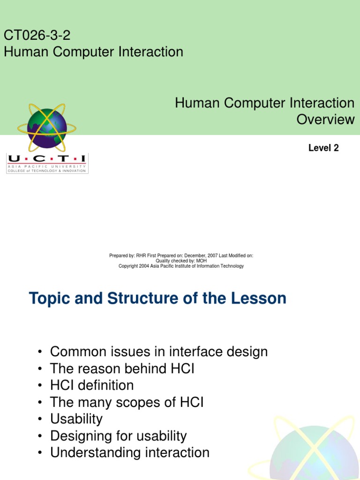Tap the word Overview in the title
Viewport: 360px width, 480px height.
point(325,119)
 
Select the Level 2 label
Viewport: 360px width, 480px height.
point(323,148)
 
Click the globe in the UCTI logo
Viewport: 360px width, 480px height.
point(47,128)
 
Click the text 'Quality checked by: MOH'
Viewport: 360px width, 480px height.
point(181,261)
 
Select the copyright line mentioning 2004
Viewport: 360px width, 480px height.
point(181,266)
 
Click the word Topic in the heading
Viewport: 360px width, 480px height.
point(50,298)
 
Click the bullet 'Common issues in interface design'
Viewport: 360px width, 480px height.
point(159,352)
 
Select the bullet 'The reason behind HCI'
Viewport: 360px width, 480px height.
point(122,368)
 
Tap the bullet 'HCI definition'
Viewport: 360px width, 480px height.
point(92,385)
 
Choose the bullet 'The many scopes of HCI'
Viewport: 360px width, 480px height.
point(127,402)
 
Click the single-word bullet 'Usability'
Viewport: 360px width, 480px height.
point(76,419)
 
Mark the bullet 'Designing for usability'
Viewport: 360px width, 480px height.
point(118,436)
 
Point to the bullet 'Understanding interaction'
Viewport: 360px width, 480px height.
point(129,453)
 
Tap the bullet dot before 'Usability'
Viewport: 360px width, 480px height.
point(41,419)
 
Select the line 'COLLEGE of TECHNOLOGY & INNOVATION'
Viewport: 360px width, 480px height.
point(47,171)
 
